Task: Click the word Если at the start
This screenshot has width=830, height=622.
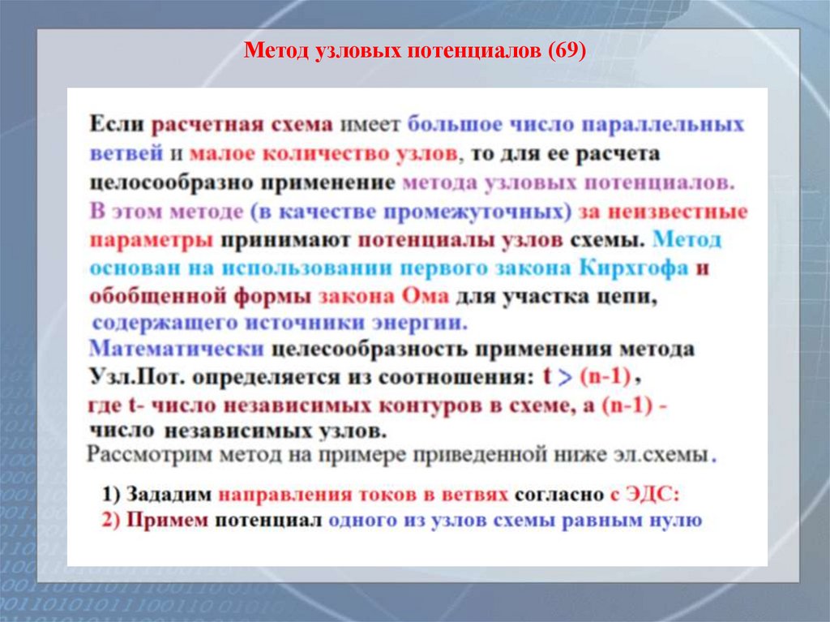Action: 116,125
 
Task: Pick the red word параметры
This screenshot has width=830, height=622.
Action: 151,241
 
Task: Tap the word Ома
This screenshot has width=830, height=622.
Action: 426,297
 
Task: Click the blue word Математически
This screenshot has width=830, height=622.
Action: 176,350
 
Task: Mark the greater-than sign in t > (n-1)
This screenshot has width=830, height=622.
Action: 568,377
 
